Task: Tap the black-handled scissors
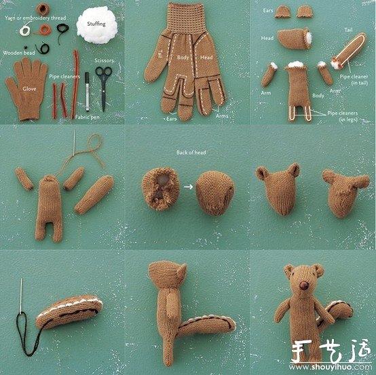click(103, 85)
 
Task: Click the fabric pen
click(87, 92)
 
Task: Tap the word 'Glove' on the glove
click(29, 88)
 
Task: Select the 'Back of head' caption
click(190, 153)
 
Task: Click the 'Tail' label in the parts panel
click(348, 30)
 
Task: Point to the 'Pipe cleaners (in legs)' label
click(343, 117)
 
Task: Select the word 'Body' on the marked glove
click(183, 58)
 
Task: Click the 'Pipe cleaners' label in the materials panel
click(64, 76)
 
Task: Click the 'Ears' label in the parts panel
click(267, 11)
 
